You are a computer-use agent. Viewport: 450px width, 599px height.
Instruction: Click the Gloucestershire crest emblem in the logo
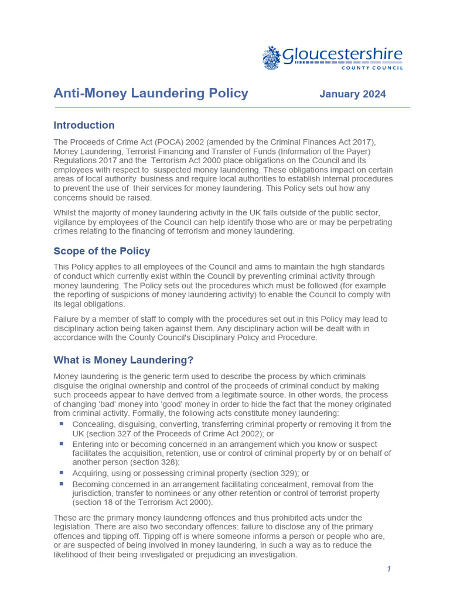272,58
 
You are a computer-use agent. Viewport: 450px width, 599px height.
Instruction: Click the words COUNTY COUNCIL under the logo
372,68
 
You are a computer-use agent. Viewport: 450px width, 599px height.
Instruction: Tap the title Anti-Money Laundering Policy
151,94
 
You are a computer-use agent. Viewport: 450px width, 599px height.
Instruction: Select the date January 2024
352,94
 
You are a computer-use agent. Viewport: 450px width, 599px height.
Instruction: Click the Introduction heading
84,125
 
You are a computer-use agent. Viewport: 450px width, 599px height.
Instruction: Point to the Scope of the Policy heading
101,251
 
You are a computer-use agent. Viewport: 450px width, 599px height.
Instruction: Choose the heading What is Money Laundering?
123,360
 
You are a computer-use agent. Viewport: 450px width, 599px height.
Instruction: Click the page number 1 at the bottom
388,569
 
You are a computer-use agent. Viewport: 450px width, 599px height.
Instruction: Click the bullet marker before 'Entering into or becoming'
62,444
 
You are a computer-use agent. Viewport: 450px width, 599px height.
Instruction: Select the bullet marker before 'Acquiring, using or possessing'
62,473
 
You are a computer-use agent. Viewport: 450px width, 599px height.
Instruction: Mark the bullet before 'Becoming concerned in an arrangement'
62,484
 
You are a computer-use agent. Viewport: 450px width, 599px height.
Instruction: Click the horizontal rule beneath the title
232,108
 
